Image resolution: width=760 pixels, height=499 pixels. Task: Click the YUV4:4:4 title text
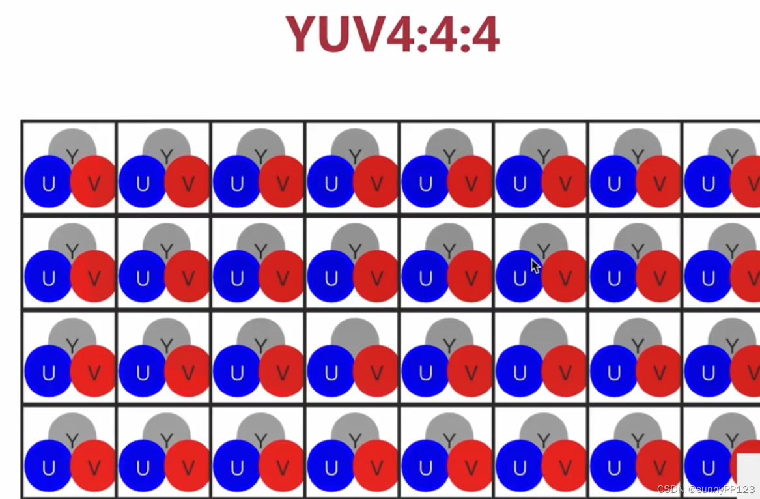point(392,34)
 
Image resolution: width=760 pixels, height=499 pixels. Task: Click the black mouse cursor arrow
point(535,266)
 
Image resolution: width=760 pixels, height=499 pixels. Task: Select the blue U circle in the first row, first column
point(47,182)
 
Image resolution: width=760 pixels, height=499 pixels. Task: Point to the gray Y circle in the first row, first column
point(72,140)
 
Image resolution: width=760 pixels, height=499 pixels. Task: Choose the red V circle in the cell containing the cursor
point(564,278)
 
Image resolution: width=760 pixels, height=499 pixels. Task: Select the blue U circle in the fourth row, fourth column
point(330,466)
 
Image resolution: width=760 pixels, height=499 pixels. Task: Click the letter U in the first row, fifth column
point(425,184)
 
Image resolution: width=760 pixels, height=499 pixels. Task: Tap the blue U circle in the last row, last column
point(707,466)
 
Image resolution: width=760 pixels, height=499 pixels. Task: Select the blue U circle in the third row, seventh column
point(613,372)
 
